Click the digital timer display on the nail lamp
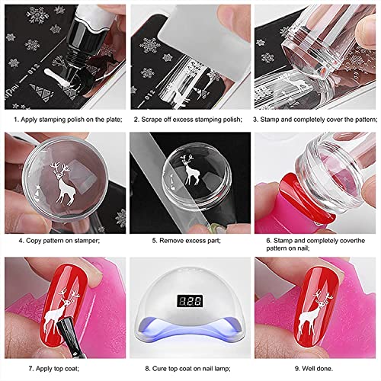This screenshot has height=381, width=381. pos(190,301)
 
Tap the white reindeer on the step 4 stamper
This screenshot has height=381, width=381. pos(63,185)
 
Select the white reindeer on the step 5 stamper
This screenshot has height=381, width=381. pos(190,170)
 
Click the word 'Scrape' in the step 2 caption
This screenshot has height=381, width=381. pos(152,120)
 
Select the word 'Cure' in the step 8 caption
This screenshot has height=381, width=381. pos(159,368)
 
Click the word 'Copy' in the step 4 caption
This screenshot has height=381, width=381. pos(34,241)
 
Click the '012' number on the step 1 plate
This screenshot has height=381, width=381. pos(34,69)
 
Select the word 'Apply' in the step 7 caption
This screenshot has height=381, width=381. pos(43,369)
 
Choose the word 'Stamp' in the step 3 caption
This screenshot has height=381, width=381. pos(270,120)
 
